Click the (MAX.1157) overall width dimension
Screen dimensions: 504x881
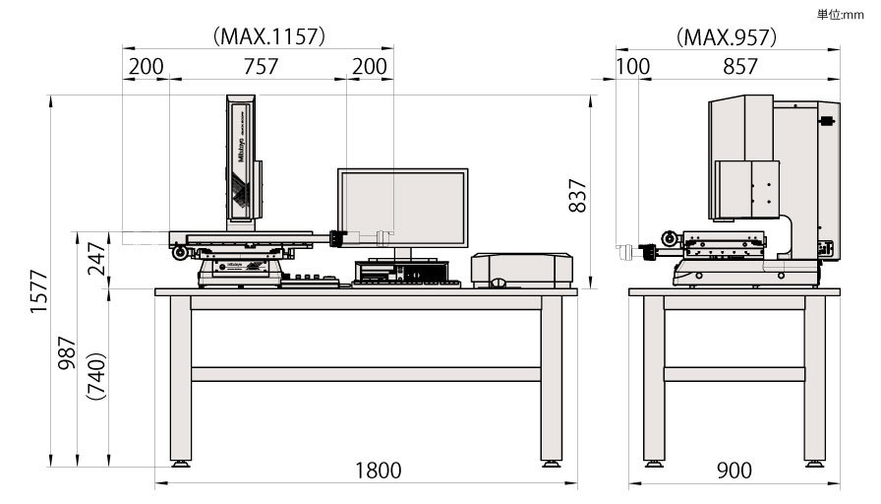(x=268, y=36)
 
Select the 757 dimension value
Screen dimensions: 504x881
(x=261, y=67)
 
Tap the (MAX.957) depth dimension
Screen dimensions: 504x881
(x=727, y=37)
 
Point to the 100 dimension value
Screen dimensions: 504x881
(x=633, y=67)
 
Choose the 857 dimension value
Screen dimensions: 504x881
(x=739, y=67)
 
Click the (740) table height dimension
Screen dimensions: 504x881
(x=94, y=375)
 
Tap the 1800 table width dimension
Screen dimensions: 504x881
(x=378, y=471)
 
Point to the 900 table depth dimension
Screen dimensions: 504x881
(x=734, y=471)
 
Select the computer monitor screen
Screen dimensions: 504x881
(x=402, y=208)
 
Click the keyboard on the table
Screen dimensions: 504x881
(x=405, y=283)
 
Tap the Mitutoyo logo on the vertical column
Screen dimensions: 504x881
(x=239, y=144)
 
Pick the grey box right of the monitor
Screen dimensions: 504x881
(x=521, y=270)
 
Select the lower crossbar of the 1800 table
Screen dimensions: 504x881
(x=365, y=374)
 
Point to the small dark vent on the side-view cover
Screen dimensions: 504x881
(x=826, y=121)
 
